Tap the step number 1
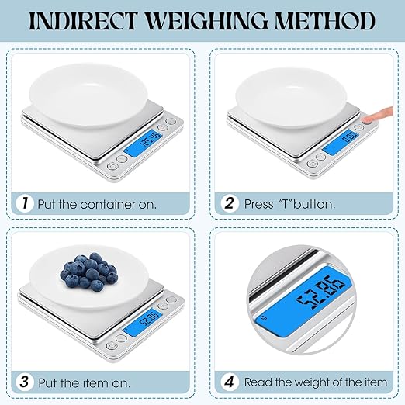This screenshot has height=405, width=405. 23,204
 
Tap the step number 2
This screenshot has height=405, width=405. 230,204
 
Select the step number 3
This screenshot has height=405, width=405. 23,382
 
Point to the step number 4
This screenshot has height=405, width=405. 230,382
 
